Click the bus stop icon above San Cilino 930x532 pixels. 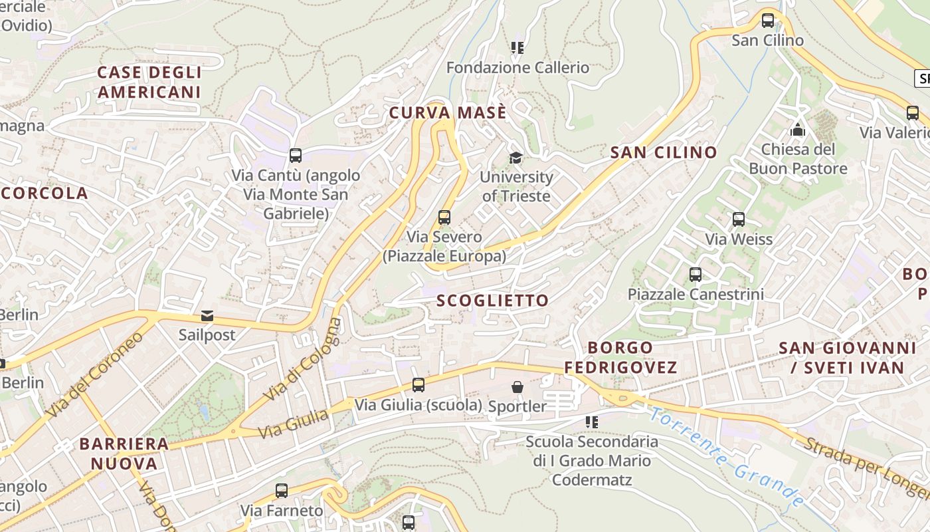(768, 21)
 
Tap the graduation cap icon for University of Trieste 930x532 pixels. (515, 158)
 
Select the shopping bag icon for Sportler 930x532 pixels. (517, 387)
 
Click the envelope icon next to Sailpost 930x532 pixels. (207, 316)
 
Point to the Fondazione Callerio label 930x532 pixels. (517, 68)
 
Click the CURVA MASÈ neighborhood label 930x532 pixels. (448, 113)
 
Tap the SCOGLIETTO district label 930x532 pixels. (492, 301)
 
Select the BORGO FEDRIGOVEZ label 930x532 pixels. (620, 357)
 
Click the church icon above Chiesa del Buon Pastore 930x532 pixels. (798, 130)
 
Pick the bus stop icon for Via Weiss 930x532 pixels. (738, 219)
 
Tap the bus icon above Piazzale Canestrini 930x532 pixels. (696, 274)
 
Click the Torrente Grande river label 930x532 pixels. (727, 458)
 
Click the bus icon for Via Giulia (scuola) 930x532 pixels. (418, 384)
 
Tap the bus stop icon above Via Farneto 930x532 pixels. (282, 491)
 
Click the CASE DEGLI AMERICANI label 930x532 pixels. (149, 82)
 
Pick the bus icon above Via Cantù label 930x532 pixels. (296, 156)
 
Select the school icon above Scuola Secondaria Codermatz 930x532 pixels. (591, 422)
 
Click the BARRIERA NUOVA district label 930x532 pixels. (124, 454)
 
